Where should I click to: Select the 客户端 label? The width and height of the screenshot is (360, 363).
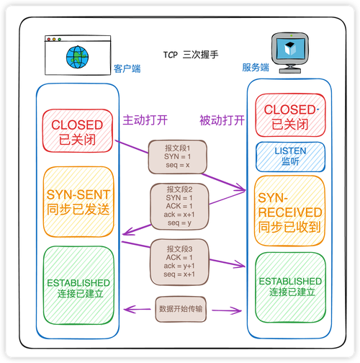click(x=127, y=69)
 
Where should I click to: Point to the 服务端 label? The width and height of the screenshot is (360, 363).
click(x=256, y=68)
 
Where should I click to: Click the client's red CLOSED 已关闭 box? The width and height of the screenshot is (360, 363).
click(x=77, y=131)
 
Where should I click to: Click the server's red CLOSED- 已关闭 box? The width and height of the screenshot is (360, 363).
click(x=290, y=117)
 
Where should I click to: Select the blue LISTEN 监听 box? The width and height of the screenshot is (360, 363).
click(x=290, y=156)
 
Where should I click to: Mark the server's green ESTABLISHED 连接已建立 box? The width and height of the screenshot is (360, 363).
click(x=290, y=286)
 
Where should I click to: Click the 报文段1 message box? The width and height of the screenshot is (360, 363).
click(x=178, y=156)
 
